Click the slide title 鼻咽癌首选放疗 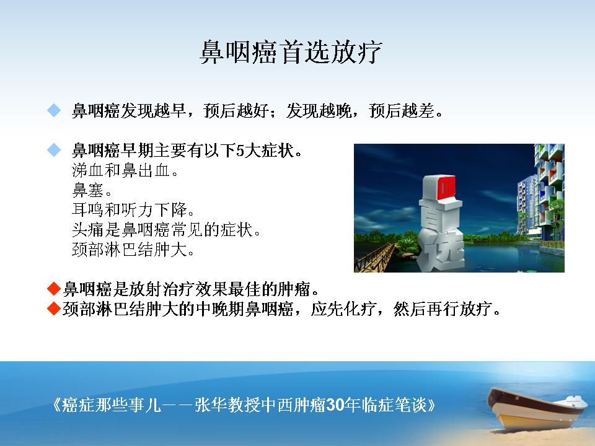(x=291, y=52)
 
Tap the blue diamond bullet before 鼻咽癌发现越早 (x=54, y=110)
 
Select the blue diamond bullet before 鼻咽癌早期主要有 (x=54, y=150)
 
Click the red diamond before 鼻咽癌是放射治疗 (x=54, y=289)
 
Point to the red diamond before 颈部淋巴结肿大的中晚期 (x=54, y=308)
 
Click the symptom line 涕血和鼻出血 (x=125, y=170)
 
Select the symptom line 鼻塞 (x=92, y=190)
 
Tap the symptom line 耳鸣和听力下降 (x=133, y=210)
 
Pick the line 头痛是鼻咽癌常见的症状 (x=166, y=229)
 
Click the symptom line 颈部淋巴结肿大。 (x=133, y=249)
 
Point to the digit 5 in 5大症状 (x=240, y=151)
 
